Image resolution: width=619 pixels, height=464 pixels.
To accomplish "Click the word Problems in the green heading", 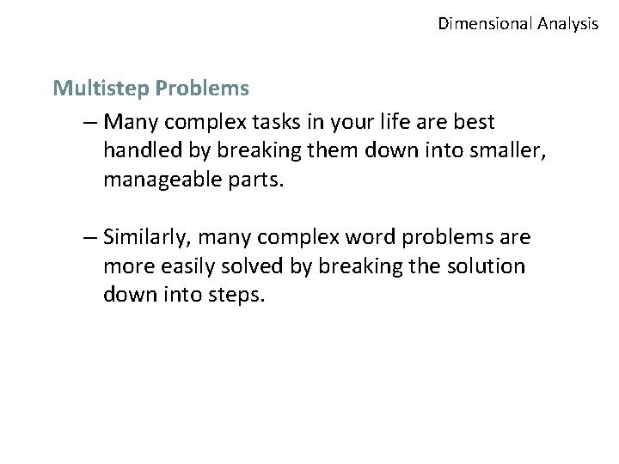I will click(196, 89).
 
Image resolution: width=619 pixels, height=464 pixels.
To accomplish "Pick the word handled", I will click(140, 150).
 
